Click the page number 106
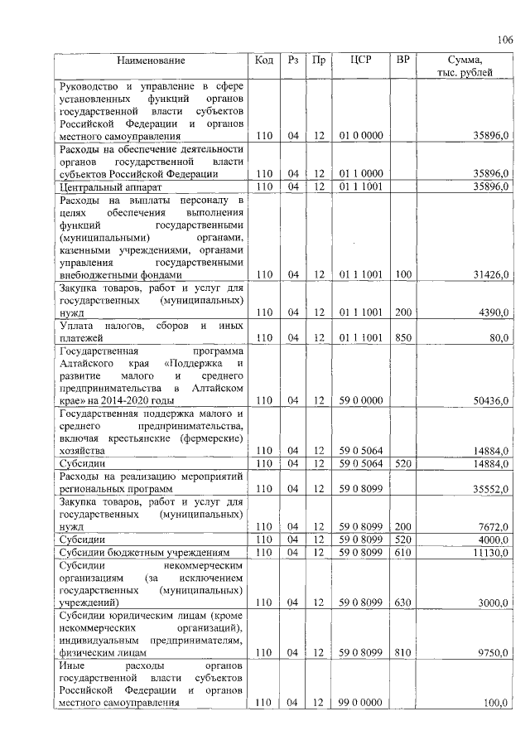tap(505, 40)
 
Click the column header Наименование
tap(151, 60)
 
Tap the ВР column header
tap(402, 60)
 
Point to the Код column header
tap(264, 60)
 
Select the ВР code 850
tap(402, 338)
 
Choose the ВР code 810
tap(402, 653)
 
